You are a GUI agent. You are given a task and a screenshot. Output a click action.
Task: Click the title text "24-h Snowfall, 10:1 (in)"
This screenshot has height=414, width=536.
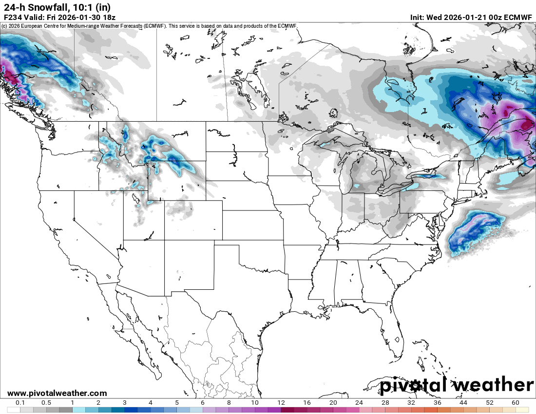tap(57, 7)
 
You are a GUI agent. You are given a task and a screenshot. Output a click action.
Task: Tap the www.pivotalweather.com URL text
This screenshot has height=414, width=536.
tap(57, 393)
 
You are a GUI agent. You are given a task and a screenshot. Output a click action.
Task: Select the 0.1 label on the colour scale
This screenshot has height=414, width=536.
tap(20, 403)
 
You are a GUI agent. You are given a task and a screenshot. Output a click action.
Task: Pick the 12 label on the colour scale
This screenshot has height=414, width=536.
tap(281, 403)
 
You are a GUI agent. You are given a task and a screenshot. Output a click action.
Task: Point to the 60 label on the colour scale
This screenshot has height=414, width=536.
tap(516, 403)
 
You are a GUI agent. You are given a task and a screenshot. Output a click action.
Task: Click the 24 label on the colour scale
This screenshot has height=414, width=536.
tap(359, 403)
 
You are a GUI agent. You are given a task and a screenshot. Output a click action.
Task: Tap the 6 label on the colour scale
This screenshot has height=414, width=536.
tap(203, 403)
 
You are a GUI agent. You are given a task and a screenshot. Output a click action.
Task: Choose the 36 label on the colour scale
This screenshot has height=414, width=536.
tap(437, 403)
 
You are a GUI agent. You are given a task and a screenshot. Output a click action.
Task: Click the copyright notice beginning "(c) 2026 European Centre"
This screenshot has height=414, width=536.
tap(149, 26)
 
